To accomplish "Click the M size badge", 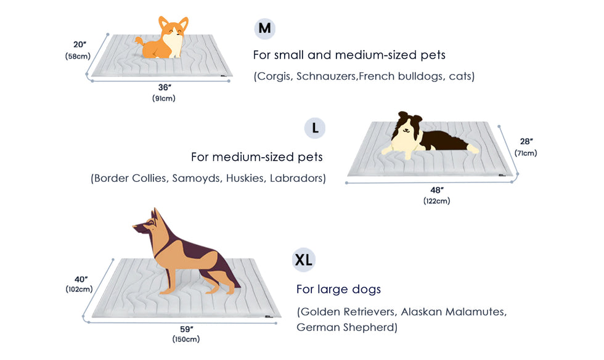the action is [264, 28].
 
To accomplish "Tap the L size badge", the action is [315, 128].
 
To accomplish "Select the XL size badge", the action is [303, 260].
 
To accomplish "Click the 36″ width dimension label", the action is [165, 88].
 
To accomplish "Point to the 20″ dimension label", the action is [80, 45].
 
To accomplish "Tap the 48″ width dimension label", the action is [437, 190].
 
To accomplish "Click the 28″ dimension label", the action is [526, 141].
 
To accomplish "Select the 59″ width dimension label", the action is [186, 329].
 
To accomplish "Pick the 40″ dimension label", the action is [81, 279].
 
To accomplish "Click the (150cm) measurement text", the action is [186, 339].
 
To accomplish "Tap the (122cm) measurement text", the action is [437, 201].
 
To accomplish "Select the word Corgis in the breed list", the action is [275, 76].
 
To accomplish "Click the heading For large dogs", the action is [338, 290].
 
